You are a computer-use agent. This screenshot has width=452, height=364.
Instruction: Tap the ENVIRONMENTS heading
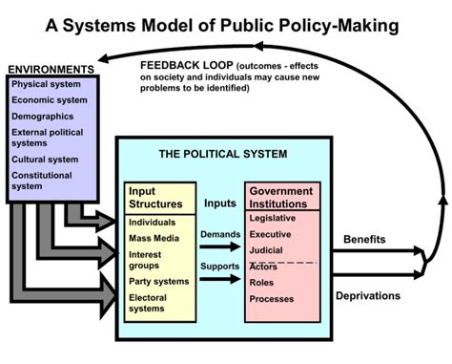click(50, 70)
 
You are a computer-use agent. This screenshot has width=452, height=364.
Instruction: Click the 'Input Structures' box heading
click(154, 197)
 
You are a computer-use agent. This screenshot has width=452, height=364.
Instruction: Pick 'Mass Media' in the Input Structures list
click(155, 239)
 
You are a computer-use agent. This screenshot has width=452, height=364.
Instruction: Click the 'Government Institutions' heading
click(283, 197)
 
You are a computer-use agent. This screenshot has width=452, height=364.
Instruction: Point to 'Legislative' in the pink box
click(273, 218)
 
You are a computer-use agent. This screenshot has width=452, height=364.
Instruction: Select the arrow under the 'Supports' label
click(218, 281)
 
